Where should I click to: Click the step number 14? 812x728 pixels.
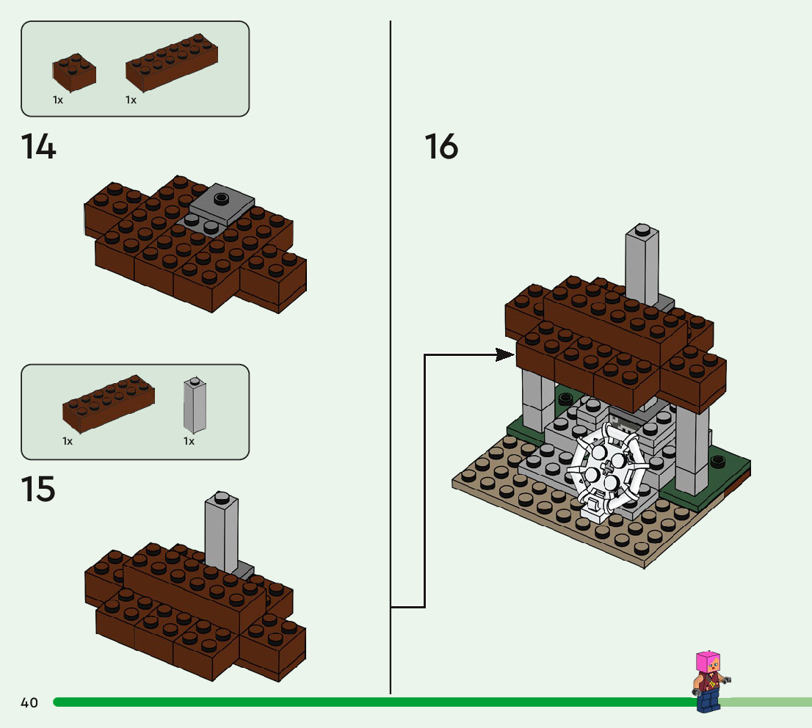point(39,147)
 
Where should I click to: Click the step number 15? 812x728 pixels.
point(38,489)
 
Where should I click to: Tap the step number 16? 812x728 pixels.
point(441,147)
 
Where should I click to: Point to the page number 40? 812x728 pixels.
point(29,703)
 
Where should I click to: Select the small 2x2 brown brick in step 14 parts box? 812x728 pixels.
point(74,71)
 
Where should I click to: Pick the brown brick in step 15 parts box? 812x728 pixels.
point(108,402)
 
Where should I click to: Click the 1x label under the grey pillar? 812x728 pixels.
point(189,442)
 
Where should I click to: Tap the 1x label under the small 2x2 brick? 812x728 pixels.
point(58,100)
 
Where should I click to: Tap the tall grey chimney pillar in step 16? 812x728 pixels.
point(642,264)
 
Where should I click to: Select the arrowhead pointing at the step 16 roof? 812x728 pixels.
point(504,355)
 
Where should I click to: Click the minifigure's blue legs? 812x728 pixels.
point(708,702)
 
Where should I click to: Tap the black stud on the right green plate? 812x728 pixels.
point(718,460)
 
